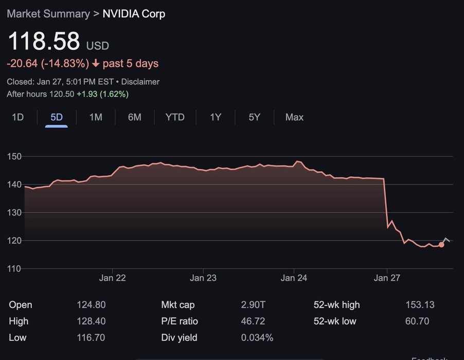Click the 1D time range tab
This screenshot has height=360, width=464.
coord(18,117)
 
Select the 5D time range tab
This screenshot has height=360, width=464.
coord(57,117)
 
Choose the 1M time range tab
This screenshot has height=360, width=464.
coord(96,117)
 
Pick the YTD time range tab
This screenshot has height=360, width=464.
coord(175,117)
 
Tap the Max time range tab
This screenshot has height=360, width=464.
coord(294,117)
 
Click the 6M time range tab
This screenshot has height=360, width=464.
coord(135,117)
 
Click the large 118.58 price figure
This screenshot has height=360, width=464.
coord(44,41)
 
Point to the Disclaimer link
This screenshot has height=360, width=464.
coord(140,82)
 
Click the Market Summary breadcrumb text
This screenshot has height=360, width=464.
coord(48,14)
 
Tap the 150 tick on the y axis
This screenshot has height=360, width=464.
coord(15,156)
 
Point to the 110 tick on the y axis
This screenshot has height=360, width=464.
coord(15,268)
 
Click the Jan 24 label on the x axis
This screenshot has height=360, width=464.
coord(294,278)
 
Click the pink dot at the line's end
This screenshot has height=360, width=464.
coord(441,245)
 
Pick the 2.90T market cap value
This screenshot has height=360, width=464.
coord(253,305)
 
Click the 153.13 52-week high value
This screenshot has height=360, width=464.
coord(420,305)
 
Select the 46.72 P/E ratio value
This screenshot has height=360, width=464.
coord(254,321)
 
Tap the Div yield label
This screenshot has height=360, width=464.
coord(179,338)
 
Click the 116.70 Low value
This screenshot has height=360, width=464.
coord(91,338)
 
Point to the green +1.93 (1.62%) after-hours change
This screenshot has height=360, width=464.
coord(102,94)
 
